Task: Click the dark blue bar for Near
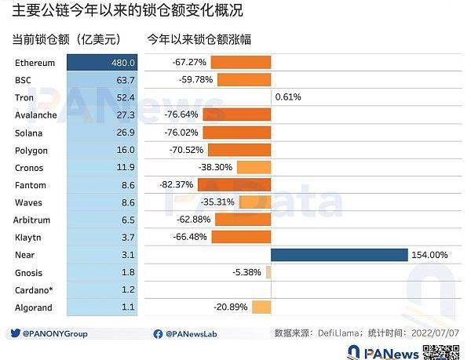(x=339, y=255)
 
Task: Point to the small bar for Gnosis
(x=268, y=272)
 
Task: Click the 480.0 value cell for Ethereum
(x=102, y=63)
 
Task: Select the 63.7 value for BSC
(x=126, y=80)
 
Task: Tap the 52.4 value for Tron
(x=126, y=97)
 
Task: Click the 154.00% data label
(x=429, y=255)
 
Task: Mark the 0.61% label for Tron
(x=288, y=97)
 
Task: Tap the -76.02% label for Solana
(x=182, y=133)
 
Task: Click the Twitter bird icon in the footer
(x=16, y=333)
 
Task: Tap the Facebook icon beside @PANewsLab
(x=158, y=333)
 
